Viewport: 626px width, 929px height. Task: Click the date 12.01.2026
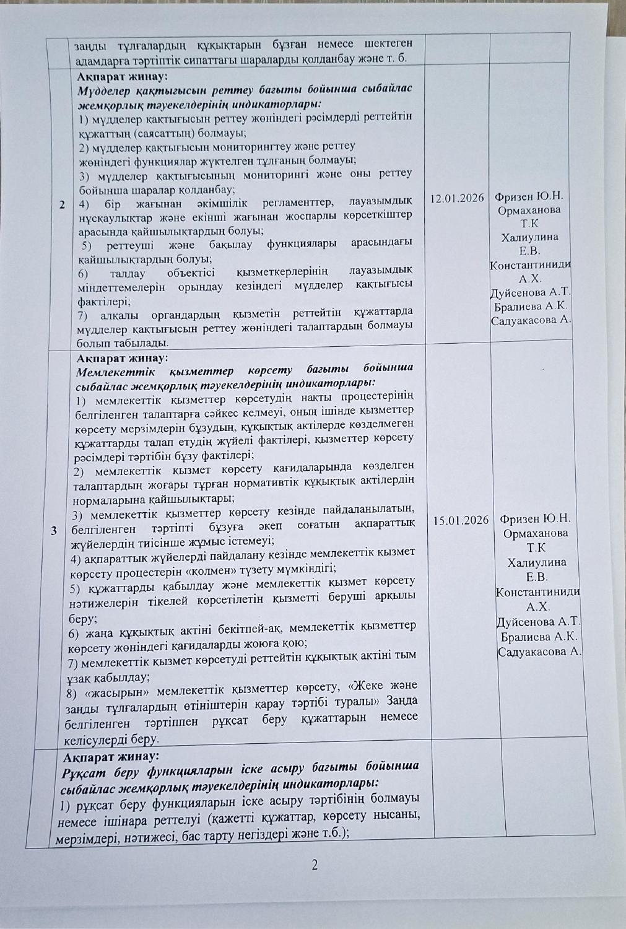point(456,198)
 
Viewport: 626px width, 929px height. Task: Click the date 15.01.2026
point(461,520)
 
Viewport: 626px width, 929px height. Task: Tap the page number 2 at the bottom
point(315,865)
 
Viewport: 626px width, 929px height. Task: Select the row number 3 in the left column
point(54,531)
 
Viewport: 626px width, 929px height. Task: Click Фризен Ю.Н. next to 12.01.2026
point(529,197)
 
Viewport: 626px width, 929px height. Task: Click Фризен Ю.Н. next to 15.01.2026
point(536,519)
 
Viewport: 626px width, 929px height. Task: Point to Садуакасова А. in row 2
point(531,321)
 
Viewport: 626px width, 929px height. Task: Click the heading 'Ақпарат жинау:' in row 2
point(120,77)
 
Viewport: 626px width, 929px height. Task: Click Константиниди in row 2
point(530,265)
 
